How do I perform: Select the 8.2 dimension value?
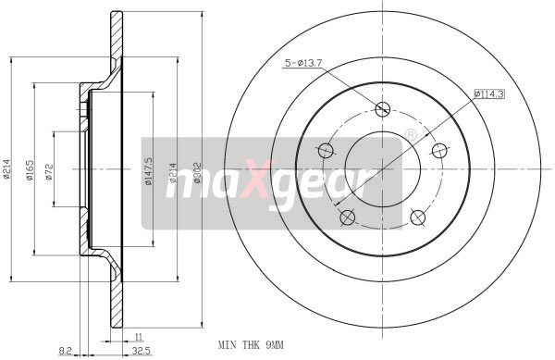64,352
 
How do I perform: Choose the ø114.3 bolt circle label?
488,93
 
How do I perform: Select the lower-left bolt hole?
347,217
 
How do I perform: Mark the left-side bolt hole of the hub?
325,150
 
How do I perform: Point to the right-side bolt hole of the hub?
440,150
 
